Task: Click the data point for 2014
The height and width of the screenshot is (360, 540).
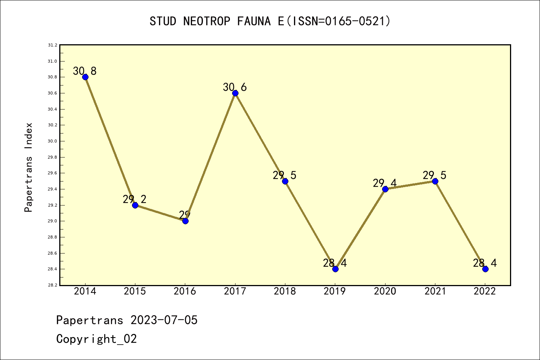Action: click(85, 77)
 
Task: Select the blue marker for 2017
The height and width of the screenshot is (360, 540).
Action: click(235, 93)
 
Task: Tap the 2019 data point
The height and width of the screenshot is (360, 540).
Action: click(335, 269)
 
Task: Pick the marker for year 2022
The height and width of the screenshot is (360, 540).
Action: click(485, 269)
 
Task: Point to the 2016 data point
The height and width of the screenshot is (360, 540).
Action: click(185, 221)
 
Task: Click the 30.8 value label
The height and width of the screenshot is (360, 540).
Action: click(85, 71)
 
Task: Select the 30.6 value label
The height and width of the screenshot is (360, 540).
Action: click(235, 87)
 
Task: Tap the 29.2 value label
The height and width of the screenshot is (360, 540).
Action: click(135, 199)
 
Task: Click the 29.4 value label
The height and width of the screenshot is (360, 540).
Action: click(385, 183)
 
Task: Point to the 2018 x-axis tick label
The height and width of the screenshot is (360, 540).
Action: click(285, 291)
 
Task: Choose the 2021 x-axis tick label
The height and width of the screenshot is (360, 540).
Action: click(435, 291)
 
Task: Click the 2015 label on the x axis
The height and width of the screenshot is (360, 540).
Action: click(135, 291)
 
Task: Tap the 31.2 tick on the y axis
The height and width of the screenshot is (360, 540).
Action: click(52, 45)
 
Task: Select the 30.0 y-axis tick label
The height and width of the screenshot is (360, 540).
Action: click(52, 141)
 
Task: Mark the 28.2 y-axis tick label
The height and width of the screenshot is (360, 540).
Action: click(52, 285)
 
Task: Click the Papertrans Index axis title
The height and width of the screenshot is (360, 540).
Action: click(28, 167)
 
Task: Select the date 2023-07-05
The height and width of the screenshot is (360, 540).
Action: click(164, 320)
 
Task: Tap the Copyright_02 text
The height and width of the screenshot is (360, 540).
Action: click(96, 339)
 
